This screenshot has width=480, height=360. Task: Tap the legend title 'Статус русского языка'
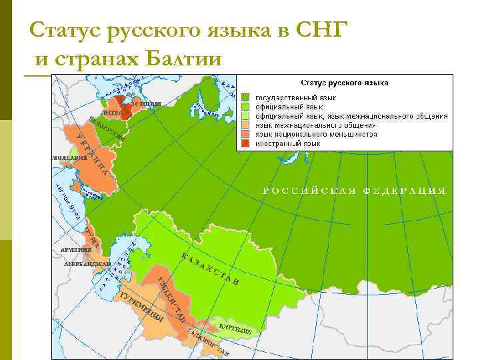click(345, 83)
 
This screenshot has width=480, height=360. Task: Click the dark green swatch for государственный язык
click(245, 97)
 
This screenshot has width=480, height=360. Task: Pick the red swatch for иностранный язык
click(245, 143)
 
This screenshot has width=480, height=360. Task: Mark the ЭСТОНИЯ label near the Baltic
click(145, 103)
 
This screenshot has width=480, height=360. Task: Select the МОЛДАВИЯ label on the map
click(69, 158)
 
